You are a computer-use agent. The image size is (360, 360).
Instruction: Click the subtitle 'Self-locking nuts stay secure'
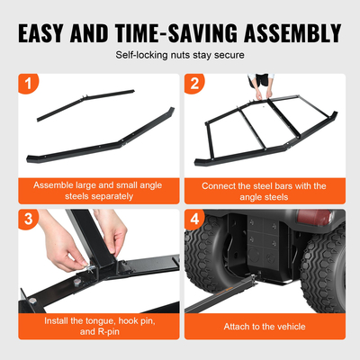[x=179, y=56]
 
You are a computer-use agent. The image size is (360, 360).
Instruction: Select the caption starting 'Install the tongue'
[x=93, y=325]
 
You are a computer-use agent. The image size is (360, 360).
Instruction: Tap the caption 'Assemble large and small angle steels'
[x=93, y=190]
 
